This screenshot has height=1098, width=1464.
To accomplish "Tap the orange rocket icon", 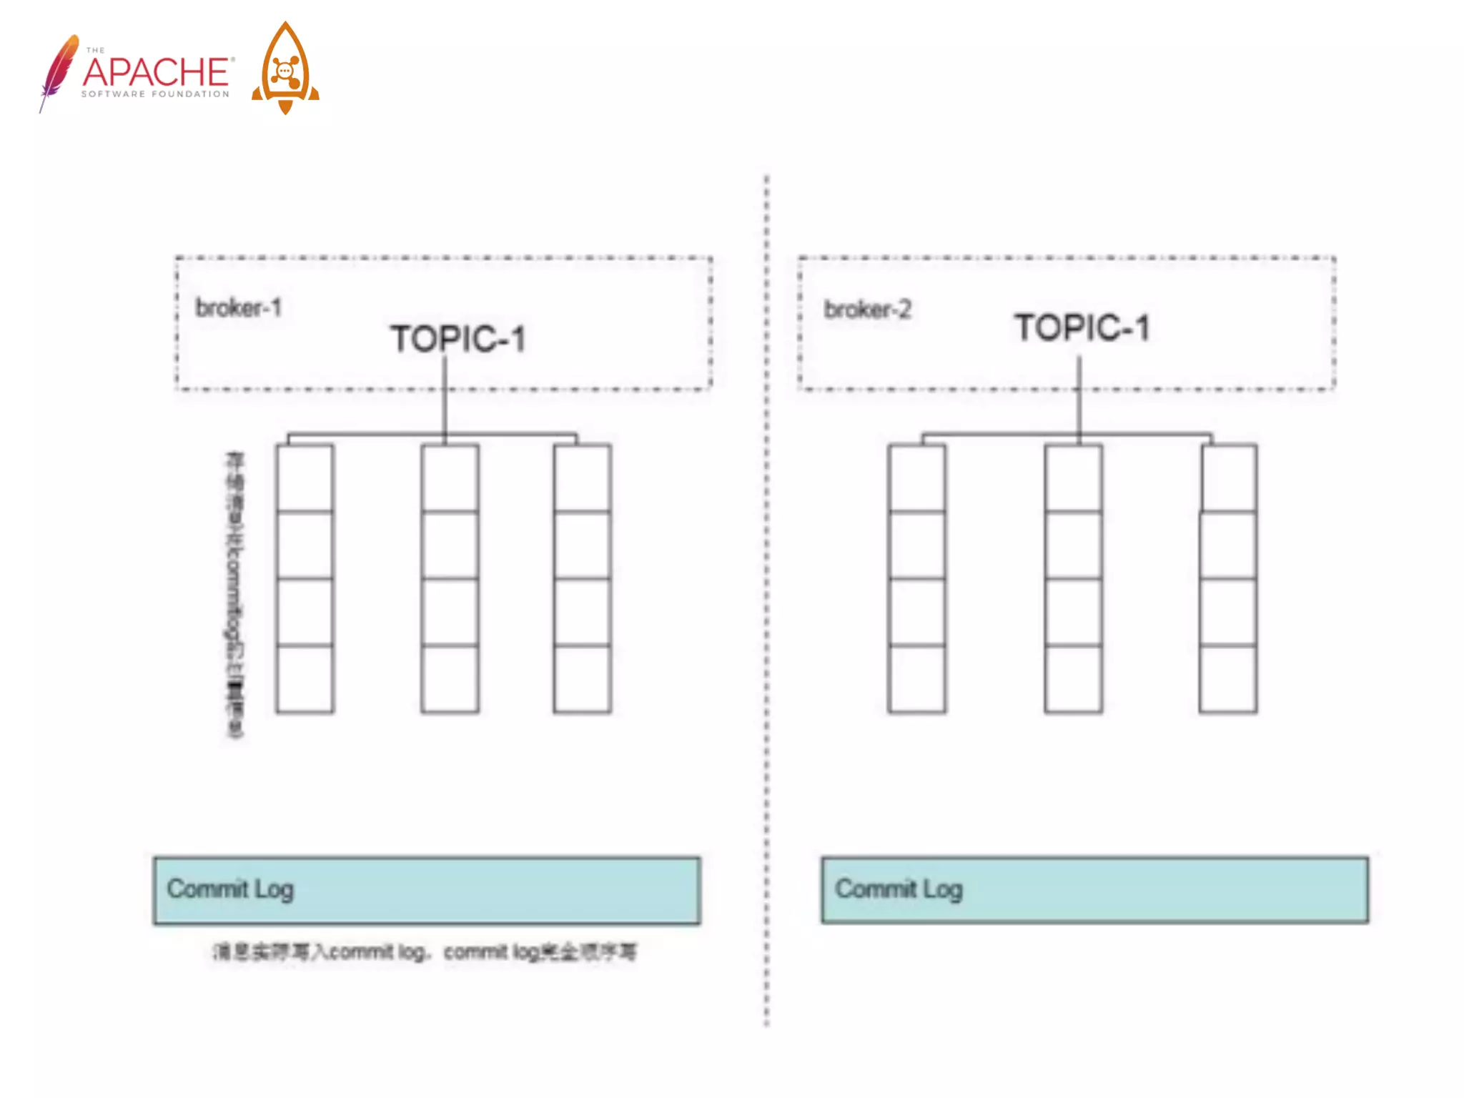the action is [285, 69].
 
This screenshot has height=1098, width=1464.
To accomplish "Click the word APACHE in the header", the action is [157, 71].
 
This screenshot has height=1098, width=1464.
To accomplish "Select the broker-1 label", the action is [239, 308].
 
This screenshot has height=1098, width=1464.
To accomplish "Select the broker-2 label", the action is [867, 310].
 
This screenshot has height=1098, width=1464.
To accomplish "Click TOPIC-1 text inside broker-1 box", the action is [458, 338].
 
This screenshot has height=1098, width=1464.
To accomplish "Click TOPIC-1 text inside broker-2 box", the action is [1082, 328].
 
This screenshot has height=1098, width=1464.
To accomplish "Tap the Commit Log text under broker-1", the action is [230, 889].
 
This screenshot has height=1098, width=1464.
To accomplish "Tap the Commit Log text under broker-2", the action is [899, 889].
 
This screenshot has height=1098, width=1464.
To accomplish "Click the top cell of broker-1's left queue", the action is [305, 478].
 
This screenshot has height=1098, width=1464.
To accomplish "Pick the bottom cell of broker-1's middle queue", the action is [450, 678].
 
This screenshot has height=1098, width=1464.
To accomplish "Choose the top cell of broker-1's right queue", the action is [582, 478].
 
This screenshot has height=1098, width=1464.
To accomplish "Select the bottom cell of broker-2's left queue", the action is [916, 678].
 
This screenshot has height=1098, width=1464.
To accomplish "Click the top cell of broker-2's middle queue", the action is [1073, 478].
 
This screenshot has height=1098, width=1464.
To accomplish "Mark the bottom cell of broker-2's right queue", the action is [1228, 678].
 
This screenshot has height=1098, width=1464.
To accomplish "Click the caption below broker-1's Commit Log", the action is [424, 951].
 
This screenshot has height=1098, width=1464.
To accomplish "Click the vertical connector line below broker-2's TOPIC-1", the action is [1079, 400].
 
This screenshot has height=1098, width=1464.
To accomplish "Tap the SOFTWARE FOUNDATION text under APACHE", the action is [155, 94].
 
